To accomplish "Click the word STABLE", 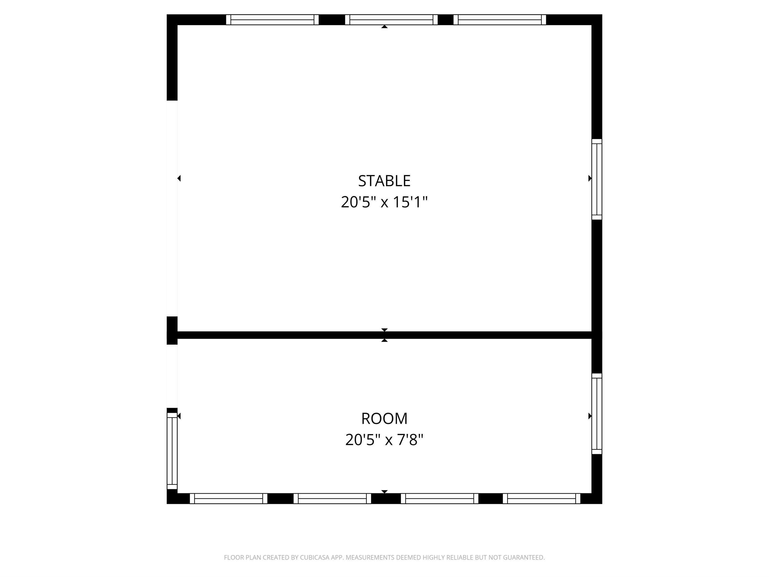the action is (x=384, y=181).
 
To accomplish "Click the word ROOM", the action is (x=384, y=419).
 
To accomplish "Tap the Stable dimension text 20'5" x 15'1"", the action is (x=384, y=202).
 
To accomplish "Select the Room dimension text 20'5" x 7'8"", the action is (x=384, y=440).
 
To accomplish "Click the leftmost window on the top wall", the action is (x=272, y=20).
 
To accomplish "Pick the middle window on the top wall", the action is (x=391, y=20).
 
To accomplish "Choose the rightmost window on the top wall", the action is (x=500, y=20).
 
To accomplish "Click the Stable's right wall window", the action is (x=597, y=179).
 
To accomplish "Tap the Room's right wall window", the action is (x=597, y=414).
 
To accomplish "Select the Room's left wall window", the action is (x=172, y=451).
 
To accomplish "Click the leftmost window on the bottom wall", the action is (x=229, y=498).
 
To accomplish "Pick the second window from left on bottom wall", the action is (x=332, y=498).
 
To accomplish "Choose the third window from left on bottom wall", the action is (x=439, y=498).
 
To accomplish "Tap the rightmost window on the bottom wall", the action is (x=541, y=498).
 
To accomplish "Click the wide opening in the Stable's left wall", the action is (x=172, y=208).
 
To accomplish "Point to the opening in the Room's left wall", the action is (x=172, y=376).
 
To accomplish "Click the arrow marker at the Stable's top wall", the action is (x=384, y=27).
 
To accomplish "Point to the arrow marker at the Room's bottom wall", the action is (x=384, y=491).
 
